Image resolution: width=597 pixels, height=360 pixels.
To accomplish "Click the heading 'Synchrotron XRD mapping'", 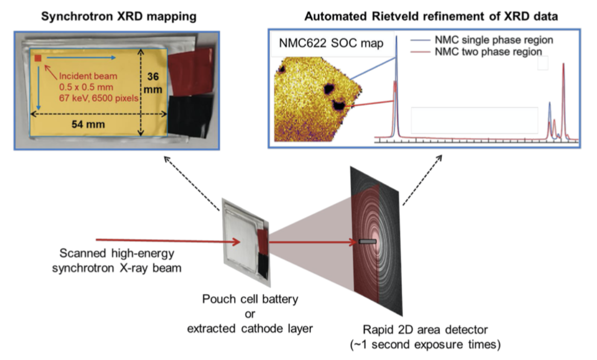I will coord(119,16).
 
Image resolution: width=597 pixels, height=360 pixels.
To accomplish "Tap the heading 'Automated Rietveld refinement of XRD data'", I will coord(431,16).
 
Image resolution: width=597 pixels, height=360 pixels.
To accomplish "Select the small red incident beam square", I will coord(38,59).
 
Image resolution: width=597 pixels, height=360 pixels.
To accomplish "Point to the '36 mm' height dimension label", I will coord(153,83).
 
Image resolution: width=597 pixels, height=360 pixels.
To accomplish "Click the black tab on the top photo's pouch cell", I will coord(187,115).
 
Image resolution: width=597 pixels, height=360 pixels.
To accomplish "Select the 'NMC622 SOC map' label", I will coord(331,43).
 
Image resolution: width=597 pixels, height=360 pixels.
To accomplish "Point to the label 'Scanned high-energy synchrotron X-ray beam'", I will coord(117,260).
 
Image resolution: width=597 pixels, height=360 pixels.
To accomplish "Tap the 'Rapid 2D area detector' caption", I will coord(425,330).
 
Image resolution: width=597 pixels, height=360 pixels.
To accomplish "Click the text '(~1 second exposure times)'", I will coord(425,345).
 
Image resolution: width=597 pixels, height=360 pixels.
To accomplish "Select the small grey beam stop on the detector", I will coord(367,241).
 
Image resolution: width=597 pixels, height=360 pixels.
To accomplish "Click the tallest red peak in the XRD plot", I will coord(563,65).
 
